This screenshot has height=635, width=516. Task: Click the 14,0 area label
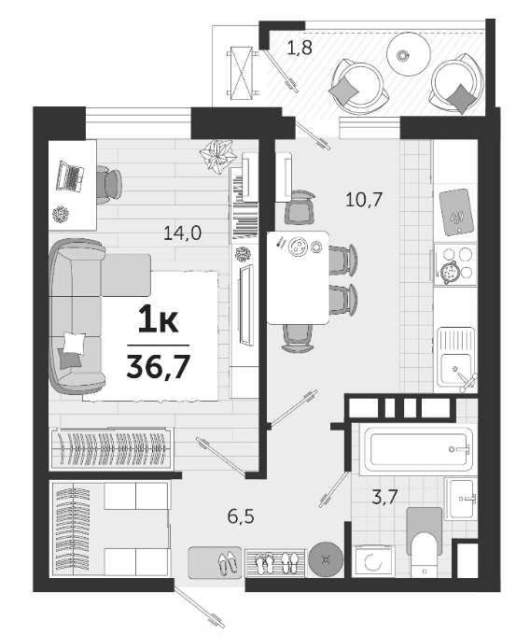(x=182, y=233)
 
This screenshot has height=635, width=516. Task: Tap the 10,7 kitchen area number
(x=364, y=199)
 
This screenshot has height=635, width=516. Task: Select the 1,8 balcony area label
(x=300, y=48)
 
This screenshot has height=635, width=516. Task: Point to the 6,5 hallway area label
(x=241, y=516)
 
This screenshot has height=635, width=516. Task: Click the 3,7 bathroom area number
(x=384, y=497)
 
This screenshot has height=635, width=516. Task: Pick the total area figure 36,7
(x=159, y=366)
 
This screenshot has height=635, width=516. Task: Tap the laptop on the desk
(x=70, y=176)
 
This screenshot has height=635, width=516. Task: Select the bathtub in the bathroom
(x=417, y=449)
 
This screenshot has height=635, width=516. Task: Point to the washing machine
(x=373, y=561)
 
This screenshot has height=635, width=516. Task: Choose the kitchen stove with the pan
(x=455, y=263)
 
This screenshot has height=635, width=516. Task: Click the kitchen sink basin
(x=455, y=369)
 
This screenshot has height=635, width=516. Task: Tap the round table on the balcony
(x=409, y=53)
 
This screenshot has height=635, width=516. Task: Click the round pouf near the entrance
(x=326, y=559)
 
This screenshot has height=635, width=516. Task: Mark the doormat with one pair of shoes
(x=215, y=562)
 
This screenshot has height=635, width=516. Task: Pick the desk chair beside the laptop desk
(x=109, y=185)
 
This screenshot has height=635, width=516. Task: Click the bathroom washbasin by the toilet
(x=461, y=499)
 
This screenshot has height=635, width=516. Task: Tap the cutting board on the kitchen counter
(x=456, y=212)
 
